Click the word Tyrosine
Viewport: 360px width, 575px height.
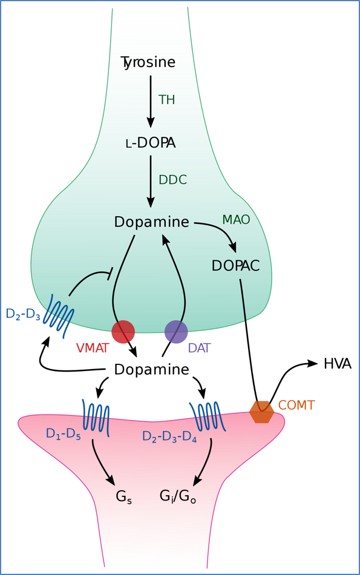click(148, 62)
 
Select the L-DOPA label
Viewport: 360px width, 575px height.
click(150, 143)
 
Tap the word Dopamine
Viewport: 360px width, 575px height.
click(151, 222)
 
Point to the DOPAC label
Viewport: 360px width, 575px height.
click(235, 266)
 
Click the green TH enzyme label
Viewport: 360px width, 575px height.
click(166, 100)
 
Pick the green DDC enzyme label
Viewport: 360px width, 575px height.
click(172, 180)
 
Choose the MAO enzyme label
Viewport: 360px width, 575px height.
click(236, 219)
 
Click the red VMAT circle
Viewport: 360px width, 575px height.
click(123, 332)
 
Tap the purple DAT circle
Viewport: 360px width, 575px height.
click(176, 332)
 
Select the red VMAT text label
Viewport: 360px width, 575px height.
click(92, 348)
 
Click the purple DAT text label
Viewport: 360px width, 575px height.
click(200, 348)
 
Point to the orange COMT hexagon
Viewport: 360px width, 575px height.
click(261, 412)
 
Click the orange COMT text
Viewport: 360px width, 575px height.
click(296, 406)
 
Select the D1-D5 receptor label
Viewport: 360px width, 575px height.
click(62, 434)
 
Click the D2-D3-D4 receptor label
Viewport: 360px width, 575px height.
click(169, 437)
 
